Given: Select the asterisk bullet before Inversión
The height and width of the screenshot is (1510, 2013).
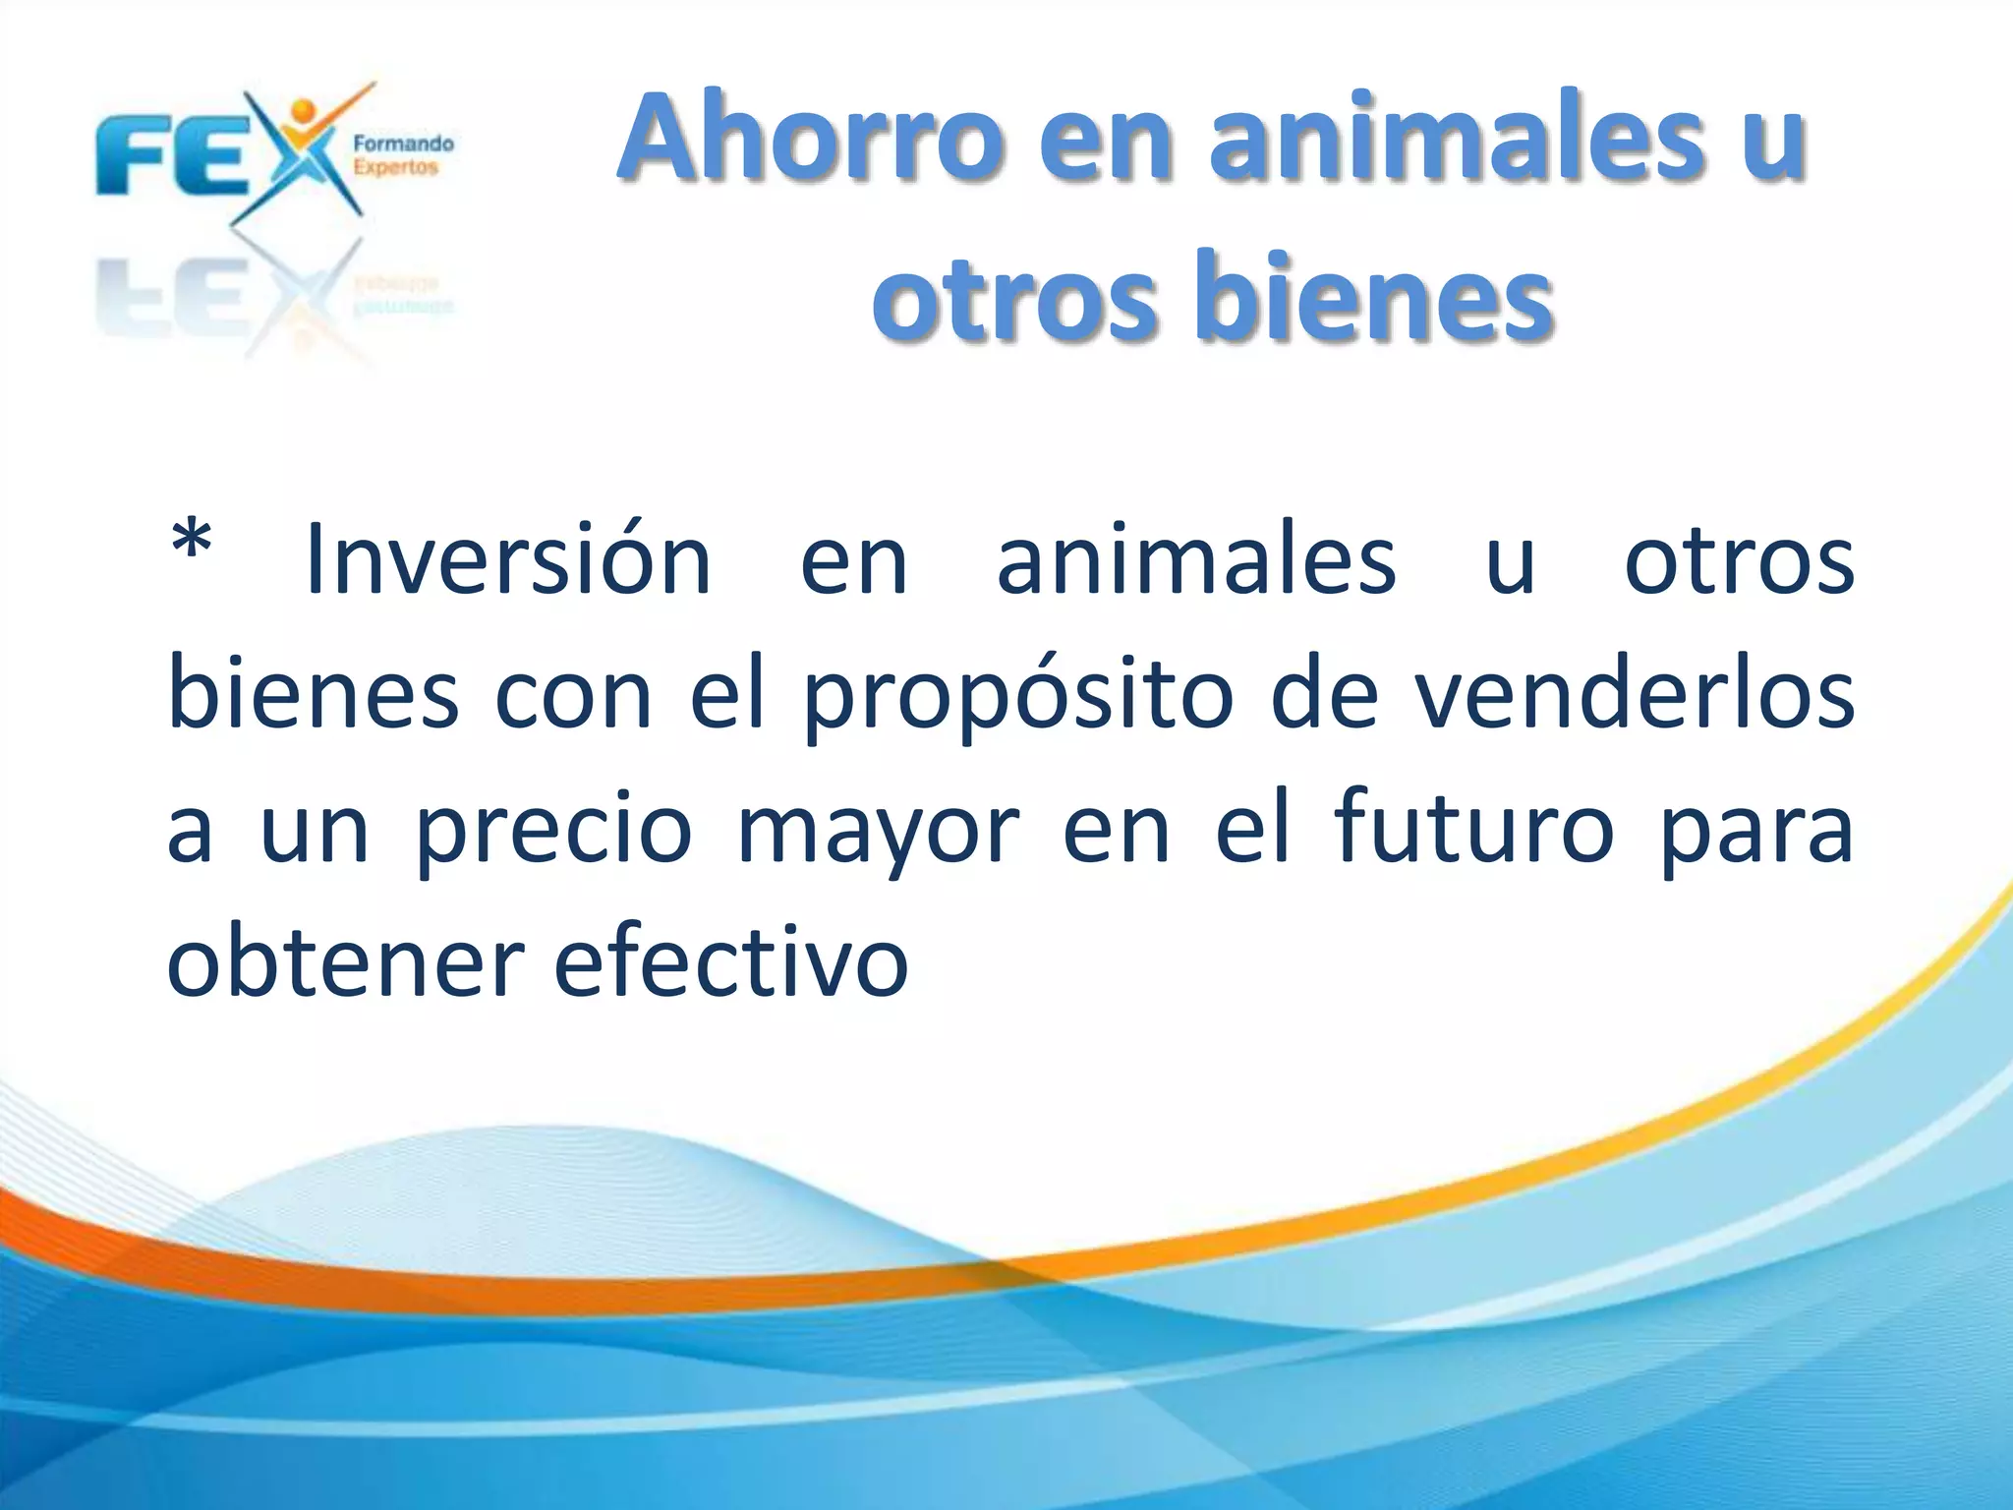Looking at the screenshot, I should tap(192, 544).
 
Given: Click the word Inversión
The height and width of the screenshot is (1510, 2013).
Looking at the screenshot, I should tap(508, 560).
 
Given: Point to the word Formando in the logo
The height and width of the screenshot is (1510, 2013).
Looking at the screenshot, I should tap(403, 145).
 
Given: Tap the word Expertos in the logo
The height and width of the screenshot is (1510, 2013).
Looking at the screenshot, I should tap(395, 167).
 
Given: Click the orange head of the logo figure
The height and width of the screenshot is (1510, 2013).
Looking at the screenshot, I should tap(304, 108).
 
